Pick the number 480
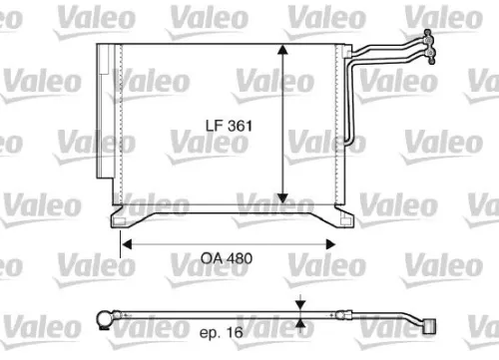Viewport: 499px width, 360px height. [240, 257]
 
